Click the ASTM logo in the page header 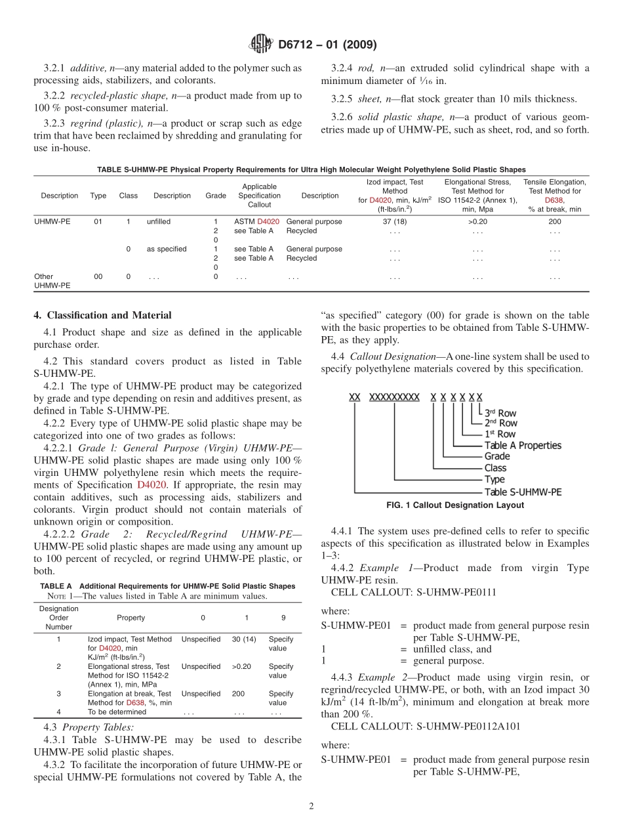261,45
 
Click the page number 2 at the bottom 311,807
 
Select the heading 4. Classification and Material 102,315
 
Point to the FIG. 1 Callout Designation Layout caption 455,505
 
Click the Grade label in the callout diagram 496,456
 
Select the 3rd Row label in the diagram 500,413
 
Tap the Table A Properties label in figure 523,445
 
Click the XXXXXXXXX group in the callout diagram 394,397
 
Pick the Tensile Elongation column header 554,195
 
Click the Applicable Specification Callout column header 259,196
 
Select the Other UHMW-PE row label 52,281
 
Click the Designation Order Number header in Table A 58,618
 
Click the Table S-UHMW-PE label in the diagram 523,492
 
